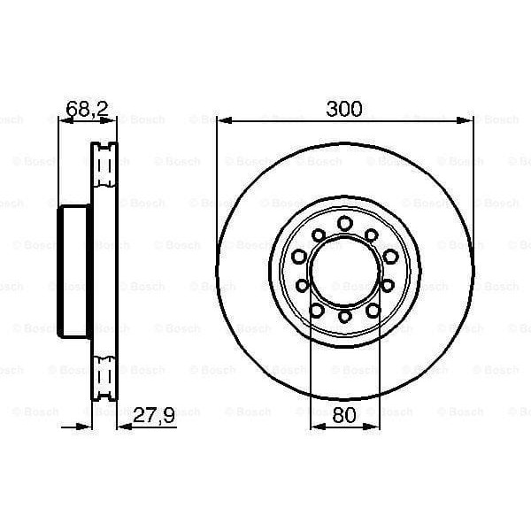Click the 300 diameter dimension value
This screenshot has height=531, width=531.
(344, 109)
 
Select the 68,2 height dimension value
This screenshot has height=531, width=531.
(87, 109)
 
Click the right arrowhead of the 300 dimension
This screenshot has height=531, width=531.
(466, 119)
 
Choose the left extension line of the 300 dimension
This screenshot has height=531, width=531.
(218, 177)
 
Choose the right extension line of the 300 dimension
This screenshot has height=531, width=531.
(471, 177)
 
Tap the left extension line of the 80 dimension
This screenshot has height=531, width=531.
(311, 372)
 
